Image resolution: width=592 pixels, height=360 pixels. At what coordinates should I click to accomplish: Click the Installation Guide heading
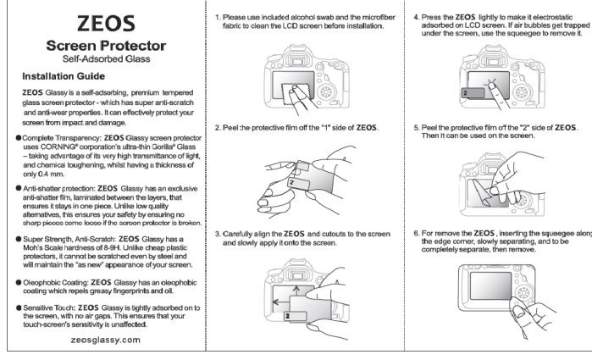pyautogui.click(x=70, y=77)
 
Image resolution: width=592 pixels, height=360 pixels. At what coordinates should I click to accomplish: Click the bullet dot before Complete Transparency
pyautogui.click(x=17, y=136)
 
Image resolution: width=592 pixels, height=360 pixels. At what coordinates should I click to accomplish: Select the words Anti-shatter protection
pyautogui.click(x=58, y=188)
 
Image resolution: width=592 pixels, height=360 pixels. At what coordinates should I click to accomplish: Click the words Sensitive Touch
pyautogui.click(x=48, y=307)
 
